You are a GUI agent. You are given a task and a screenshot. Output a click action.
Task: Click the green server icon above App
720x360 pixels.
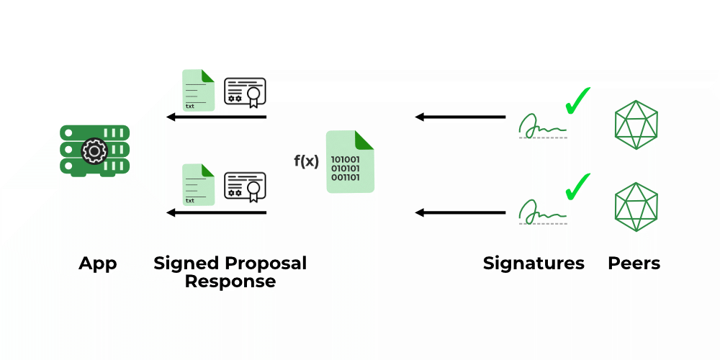pos(94,150)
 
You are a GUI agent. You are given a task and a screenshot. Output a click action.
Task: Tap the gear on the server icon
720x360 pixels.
pos(93,151)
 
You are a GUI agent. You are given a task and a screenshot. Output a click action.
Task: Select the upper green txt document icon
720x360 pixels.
pos(198,90)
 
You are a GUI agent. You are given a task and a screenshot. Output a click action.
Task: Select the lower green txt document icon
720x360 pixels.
pos(198,184)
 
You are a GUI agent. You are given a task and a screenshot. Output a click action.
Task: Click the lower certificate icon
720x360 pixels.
pos(246,187)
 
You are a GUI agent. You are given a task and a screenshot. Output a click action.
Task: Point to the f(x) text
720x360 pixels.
pos(306,161)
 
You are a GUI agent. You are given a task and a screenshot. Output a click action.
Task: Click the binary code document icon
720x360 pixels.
pos(350,162)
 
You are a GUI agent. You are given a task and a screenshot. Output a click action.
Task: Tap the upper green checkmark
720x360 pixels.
pos(577,101)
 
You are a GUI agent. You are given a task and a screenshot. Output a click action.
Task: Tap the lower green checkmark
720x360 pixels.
pos(577,186)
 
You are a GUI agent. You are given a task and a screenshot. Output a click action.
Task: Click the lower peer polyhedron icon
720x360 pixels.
pos(636,207)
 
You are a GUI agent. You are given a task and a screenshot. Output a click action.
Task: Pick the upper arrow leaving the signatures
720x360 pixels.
pos(461,117)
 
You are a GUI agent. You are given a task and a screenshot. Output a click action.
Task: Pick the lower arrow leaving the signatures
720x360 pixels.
pos(461,212)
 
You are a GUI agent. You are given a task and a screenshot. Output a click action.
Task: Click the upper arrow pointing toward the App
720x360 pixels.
pos(216,117)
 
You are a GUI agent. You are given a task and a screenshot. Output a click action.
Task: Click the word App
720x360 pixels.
pos(98,264)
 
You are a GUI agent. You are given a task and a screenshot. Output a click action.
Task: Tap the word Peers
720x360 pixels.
pos(634,264)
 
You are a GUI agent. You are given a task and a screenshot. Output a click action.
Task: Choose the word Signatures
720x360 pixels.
pos(534,264)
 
